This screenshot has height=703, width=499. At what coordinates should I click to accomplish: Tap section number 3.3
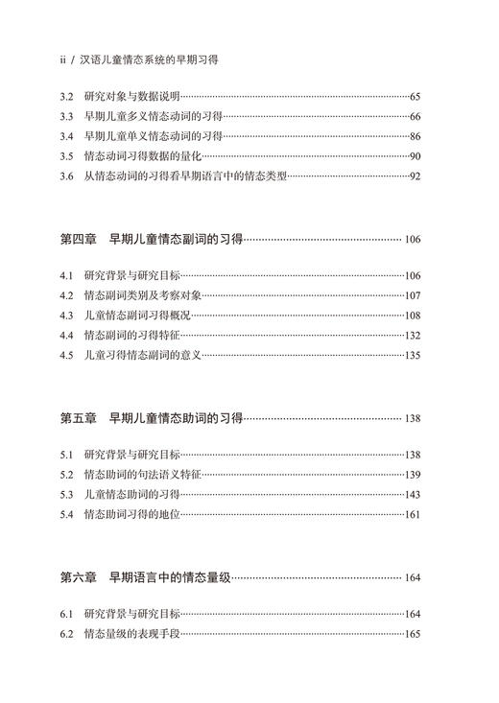click(x=65, y=116)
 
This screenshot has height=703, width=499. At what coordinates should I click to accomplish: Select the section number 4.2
click(x=65, y=295)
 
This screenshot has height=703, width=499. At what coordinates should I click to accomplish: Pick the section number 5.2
click(x=65, y=475)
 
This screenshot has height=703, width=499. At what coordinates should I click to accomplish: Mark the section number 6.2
click(x=65, y=634)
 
